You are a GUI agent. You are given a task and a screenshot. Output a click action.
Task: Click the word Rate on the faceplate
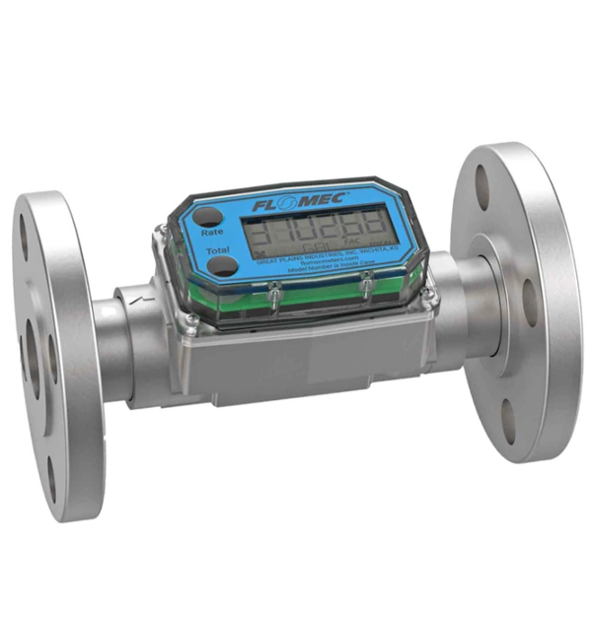[210, 234]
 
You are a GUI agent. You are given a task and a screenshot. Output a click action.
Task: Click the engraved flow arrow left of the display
[145, 297]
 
